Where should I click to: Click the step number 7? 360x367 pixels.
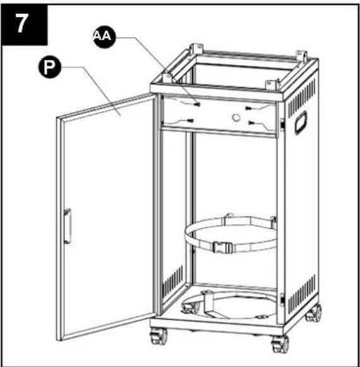click(x=21, y=23)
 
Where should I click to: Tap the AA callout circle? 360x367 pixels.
click(x=104, y=37)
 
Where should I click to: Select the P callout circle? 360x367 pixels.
click(x=49, y=68)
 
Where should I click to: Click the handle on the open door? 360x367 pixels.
click(x=67, y=226)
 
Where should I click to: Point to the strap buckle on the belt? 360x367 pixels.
click(x=222, y=248)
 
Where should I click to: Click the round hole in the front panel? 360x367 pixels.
click(x=236, y=117)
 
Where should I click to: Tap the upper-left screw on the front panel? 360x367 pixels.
click(x=198, y=104)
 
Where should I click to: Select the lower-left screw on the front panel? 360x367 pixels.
click(x=190, y=121)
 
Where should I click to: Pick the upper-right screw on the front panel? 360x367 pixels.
click(x=249, y=108)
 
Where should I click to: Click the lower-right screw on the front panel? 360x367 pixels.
click(x=251, y=123)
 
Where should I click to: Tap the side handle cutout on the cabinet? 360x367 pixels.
click(x=301, y=123)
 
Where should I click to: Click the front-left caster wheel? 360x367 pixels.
click(x=159, y=336)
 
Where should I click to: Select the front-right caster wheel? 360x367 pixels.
click(x=280, y=344)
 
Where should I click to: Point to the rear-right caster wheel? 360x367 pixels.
click(x=314, y=313)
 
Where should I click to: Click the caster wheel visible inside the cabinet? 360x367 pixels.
click(x=191, y=308)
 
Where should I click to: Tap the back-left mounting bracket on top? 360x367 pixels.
click(x=196, y=49)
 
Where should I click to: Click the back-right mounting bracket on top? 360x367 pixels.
click(x=301, y=56)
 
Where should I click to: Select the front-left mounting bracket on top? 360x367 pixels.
click(x=167, y=78)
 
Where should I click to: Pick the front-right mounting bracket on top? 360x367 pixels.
click(x=272, y=85)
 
